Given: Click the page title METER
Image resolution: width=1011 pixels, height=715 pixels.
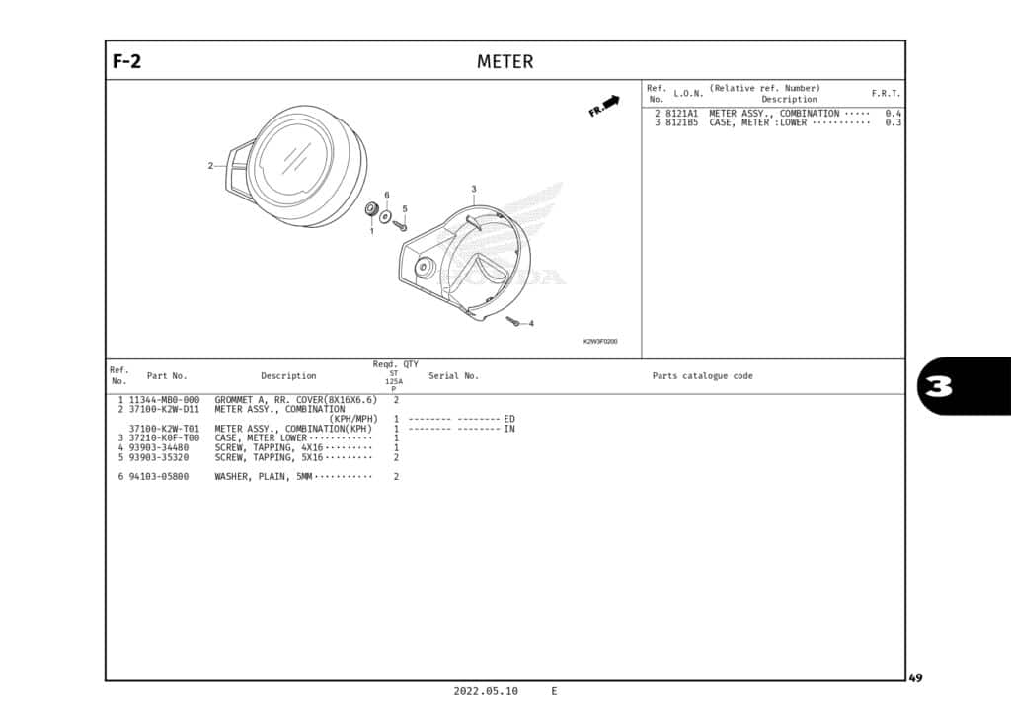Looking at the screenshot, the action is coord(505,62).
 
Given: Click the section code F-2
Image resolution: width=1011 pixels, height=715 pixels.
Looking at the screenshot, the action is coord(127,61).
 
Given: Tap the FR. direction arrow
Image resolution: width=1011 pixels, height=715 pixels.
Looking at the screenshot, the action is coord(604,106).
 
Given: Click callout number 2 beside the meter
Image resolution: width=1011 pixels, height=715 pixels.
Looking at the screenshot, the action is coord(210,166).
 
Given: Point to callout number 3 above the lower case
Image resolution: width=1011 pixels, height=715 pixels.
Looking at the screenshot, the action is coord(474,189).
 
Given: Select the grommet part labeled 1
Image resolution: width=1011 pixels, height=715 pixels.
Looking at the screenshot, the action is coord(371,209).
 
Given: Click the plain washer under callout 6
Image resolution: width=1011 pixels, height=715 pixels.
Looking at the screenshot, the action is coord(386,216).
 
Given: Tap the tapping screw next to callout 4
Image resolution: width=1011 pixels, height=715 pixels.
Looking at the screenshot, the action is coord(513,321).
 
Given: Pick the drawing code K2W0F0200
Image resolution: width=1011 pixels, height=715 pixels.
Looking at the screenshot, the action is coord(600,341).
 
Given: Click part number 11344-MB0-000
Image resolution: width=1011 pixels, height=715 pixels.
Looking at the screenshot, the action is coord(165,400).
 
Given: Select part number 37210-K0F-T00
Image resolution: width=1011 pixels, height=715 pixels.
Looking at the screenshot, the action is coord(165,438).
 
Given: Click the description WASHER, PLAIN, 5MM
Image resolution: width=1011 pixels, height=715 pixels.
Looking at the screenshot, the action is coord(263,477).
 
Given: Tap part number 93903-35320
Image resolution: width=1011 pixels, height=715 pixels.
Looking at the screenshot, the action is coord(159,458).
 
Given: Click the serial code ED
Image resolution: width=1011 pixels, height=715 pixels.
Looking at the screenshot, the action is coord(509,419).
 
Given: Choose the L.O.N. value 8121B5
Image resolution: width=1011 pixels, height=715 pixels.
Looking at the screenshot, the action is coord(681,122).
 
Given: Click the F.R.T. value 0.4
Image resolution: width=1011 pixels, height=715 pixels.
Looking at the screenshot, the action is coord(893,114).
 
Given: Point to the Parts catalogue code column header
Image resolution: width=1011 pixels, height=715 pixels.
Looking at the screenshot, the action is coord(702,376).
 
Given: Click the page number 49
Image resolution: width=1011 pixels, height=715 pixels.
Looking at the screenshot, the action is coord(915,677).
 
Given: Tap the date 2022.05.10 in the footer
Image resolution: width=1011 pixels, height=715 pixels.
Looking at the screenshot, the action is coord(486,691).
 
